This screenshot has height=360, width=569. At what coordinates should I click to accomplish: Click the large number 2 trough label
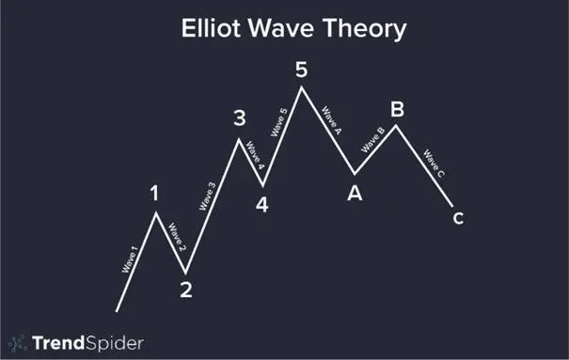point(186,290)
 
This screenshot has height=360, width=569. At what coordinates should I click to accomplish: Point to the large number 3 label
point(240,118)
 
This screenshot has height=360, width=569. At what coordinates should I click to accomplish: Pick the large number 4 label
point(261,203)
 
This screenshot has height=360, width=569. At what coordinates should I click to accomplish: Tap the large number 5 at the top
point(301,69)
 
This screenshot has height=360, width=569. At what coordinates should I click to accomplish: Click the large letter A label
point(355,194)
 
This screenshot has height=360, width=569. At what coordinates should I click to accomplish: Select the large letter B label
point(397,109)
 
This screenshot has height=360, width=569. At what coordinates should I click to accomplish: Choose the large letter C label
point(457,219)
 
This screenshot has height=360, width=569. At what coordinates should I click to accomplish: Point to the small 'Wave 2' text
point(177,237)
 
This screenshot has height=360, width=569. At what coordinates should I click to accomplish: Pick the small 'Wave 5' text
point(279,125)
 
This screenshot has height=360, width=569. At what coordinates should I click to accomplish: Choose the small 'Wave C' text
point(434,164)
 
